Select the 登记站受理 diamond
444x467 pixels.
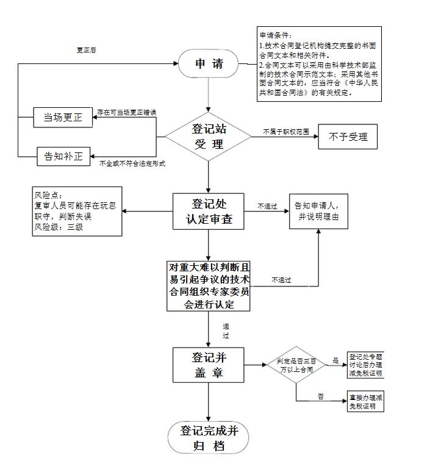(209, 137)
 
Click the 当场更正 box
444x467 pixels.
(62, 118)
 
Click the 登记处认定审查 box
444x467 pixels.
(209, 212)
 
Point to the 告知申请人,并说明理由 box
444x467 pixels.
(318, 211)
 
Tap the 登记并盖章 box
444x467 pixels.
(209, 365)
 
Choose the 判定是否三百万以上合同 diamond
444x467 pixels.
(296, 365)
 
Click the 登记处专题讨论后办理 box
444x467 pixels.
(367, 365)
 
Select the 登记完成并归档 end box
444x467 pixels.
(209, 438)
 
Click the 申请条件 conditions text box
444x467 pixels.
(318, 63)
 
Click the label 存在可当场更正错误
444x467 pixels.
(127, 112)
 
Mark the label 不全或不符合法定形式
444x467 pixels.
(132, 163)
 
